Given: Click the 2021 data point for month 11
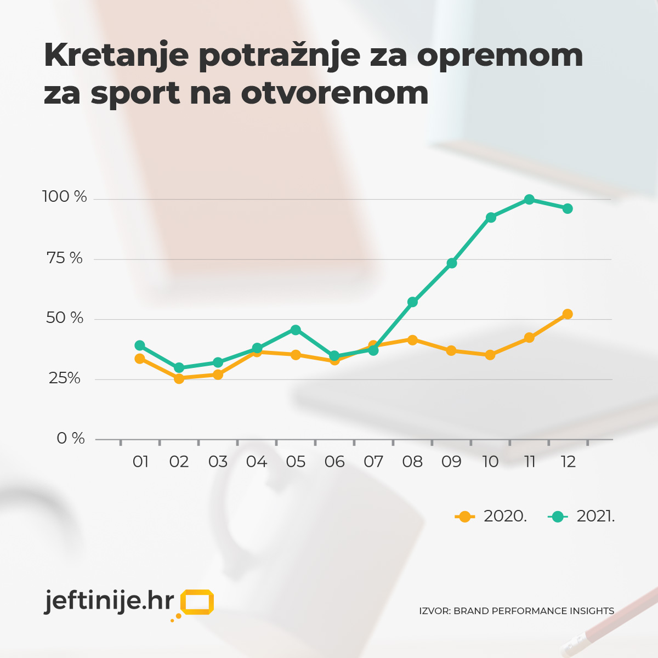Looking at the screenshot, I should pos(529,200).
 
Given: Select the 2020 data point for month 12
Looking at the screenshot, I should pos(568,314).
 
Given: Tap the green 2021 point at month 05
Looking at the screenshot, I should pos(296,330).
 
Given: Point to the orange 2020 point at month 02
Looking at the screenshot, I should pos(179,378).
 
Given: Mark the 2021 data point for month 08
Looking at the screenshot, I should pos(413,302).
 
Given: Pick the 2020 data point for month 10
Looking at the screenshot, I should pos(490,355).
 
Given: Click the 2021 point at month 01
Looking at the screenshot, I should pos(140,345).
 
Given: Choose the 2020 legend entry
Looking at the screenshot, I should pos(491,517).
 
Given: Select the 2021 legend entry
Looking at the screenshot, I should pos(582,517).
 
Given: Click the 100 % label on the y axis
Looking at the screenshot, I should pos(65,197).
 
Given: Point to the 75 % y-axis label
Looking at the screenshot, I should pos(65,258).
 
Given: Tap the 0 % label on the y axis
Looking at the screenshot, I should pos(71,438).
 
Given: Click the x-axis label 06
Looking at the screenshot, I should pos(334,462).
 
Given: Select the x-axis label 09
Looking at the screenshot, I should pos(451,462).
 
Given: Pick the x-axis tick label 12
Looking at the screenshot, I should pos(568,462).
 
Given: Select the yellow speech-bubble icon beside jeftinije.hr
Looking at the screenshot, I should pos(196,602).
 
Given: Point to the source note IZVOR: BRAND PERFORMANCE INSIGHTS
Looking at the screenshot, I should pos(517,611).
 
